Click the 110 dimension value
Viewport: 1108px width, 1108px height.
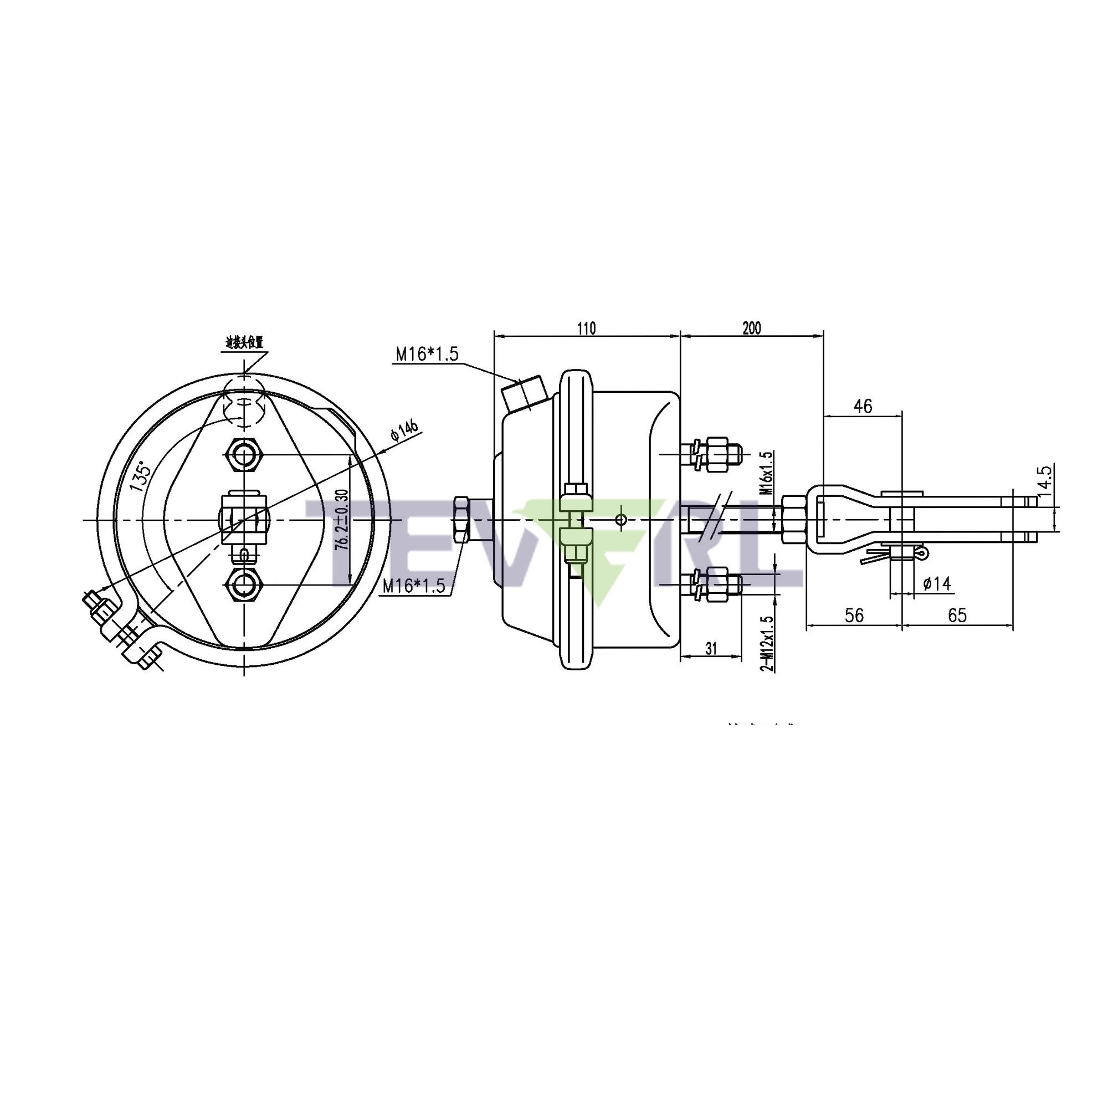click(587, 328)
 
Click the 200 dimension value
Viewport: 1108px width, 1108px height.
click(751, 328)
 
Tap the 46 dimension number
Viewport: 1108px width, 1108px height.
click(863, 406)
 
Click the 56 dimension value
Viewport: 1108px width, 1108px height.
click(854, 615)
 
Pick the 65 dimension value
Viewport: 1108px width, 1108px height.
click(957, 615)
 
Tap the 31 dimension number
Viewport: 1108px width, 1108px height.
click(711, 649)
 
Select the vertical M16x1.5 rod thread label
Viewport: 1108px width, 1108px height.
click(767, 473)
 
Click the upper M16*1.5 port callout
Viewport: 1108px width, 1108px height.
click(427, 354)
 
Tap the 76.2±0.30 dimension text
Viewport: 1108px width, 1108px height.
click(342, 520)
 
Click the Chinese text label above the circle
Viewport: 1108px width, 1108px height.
click(244, 343)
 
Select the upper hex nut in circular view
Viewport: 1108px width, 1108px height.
click(245, 455)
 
